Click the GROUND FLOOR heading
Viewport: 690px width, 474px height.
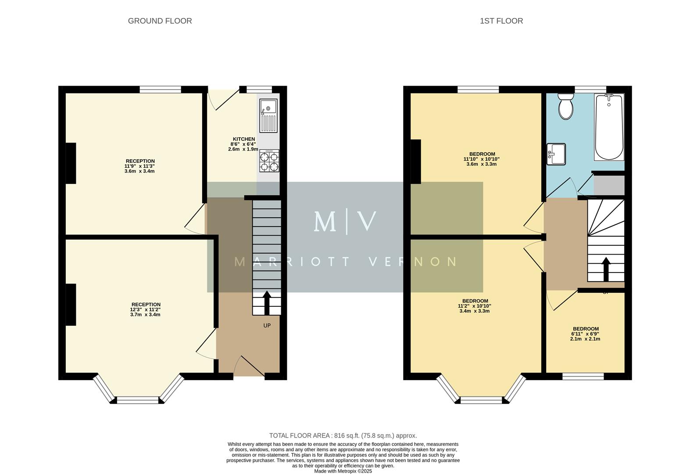pyautogui.click(x=160, y=21)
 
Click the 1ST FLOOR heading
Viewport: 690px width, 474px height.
pyautogui.click(x=501, y=21)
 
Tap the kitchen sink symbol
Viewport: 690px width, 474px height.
pyautogui.click(x=268, y=115)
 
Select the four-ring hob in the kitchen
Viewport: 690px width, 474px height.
pyautogui.click(x=269, y=161)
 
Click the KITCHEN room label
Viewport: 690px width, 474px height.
pyautogui.click(x=243, y=139)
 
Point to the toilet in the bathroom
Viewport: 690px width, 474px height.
pyautogui.click(x=566, y=106)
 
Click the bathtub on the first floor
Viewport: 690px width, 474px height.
pyautogui.click(x=609, y=127)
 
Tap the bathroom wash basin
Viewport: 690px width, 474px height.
pyautogui.click(x=556, y=154)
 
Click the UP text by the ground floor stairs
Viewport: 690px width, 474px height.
pyautogui.click(x=267, y=326)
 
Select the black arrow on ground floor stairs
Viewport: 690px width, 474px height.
pyautogui.click(x=266, y=302)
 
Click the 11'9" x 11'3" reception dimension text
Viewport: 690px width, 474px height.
pyautogui.click(x=140, y=166)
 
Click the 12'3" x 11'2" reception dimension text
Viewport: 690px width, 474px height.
pyautogui.click(x=146, y=309)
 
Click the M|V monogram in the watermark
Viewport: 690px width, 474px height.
pyautogui.click(x=345, y=222)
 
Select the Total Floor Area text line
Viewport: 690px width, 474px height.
pyautogui.click(x=343, y=435)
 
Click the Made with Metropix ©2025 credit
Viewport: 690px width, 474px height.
pyautogui.click(x=343, y=471)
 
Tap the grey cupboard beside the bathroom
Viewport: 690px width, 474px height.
pyautogui.click(x=609, y=185)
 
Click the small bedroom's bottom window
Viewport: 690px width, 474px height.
pyautogui.click(x=583, y=376)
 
